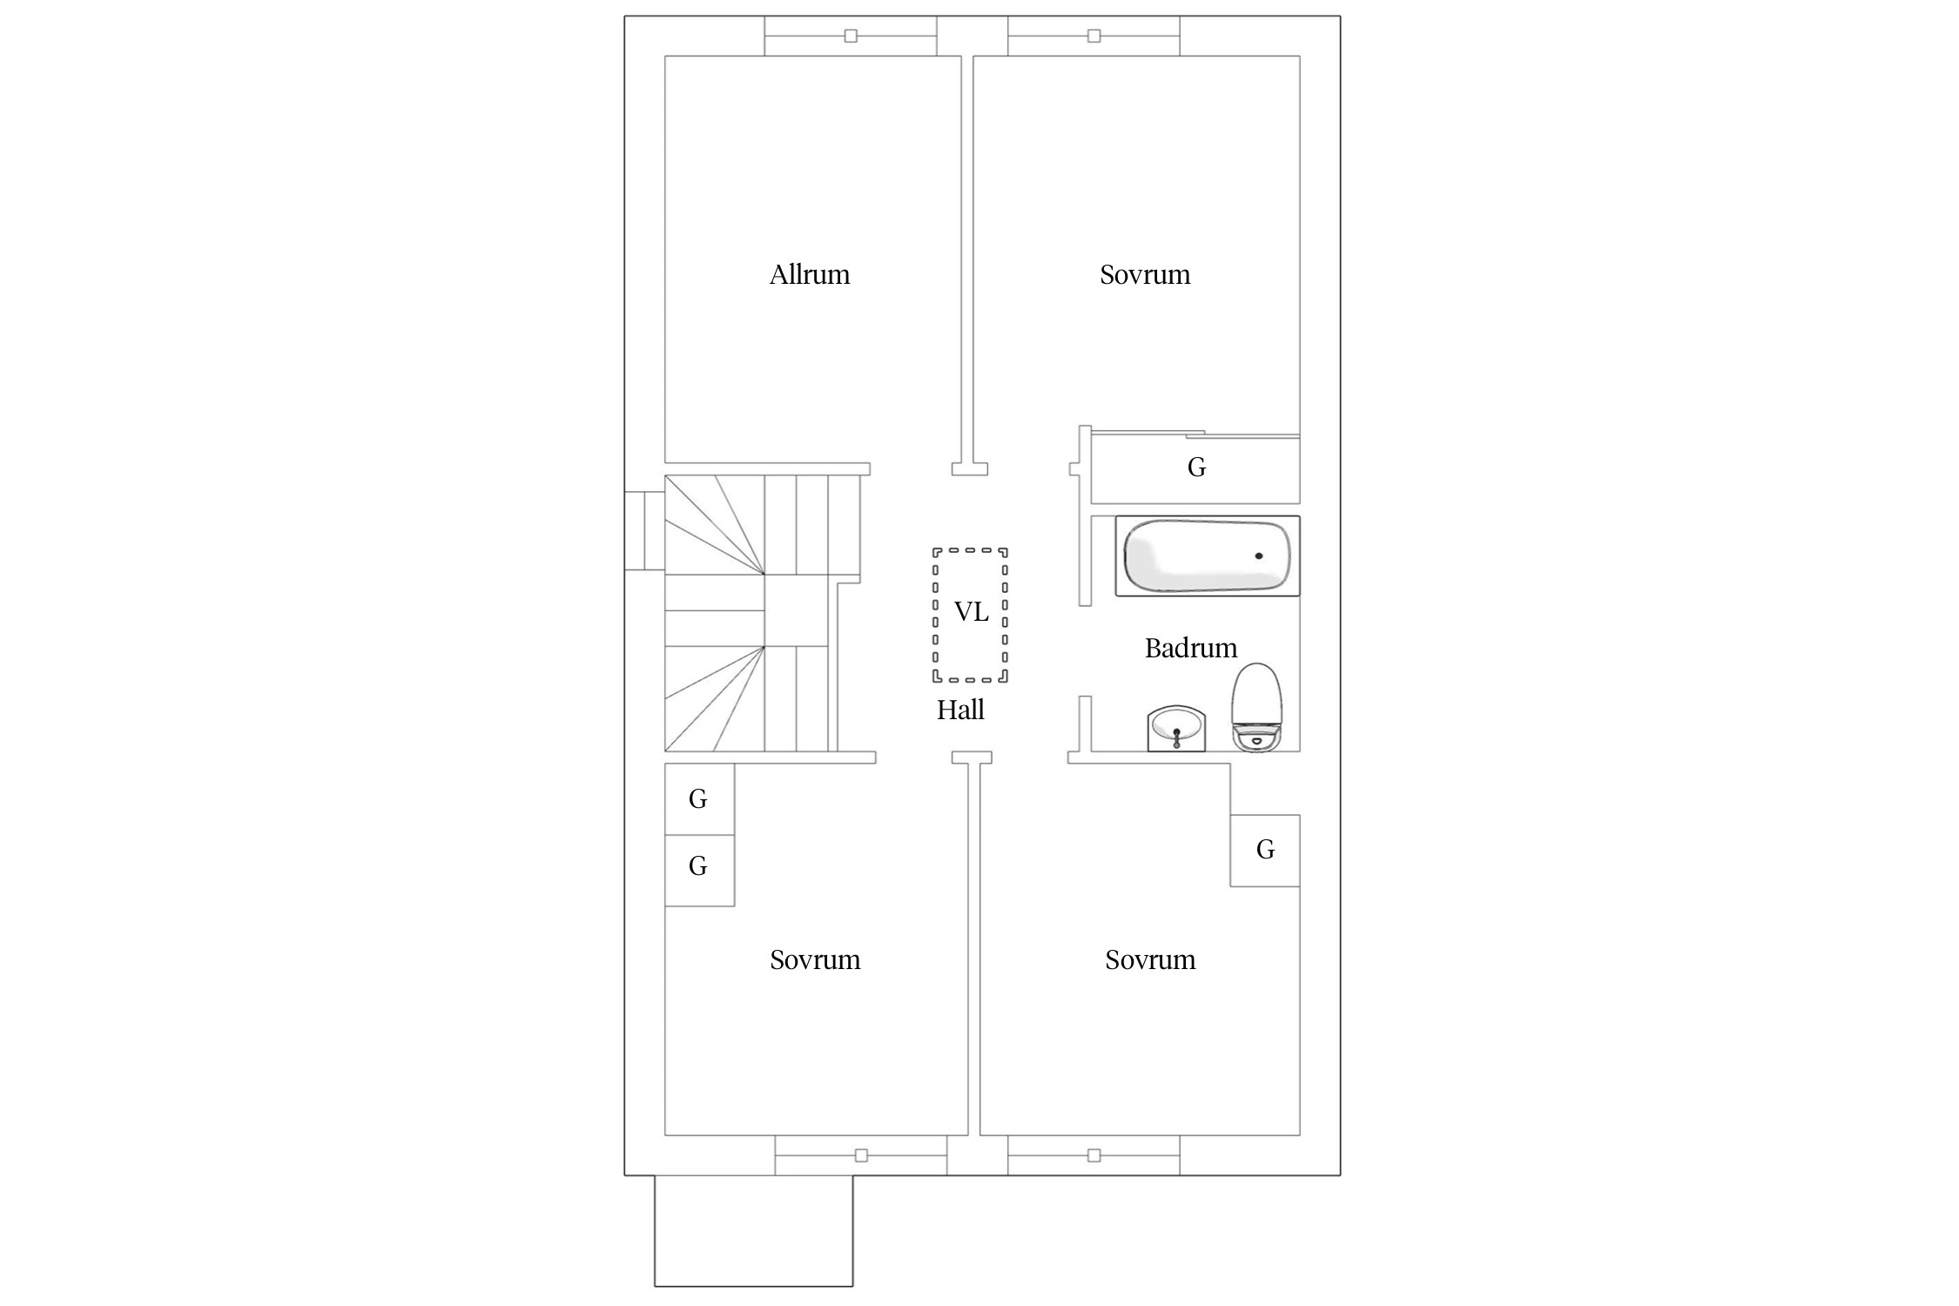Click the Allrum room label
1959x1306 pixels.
(x=810, y=274)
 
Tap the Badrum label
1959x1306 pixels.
(x=1190, y=648)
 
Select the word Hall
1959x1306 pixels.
(x=960, y=710)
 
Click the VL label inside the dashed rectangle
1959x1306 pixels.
(x=972, y=612)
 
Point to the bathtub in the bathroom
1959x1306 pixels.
(x=1208, y=555)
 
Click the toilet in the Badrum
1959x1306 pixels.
(x=1256, y=706)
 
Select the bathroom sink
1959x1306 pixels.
(x=1176, y=728)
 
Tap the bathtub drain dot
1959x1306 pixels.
(x=1259, y=555)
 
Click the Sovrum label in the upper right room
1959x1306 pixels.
(x=1145, y=274)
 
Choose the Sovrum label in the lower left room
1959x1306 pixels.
(x=815, y=959)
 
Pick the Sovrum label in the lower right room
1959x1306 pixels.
(x=1150, y=959)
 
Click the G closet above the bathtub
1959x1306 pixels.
(x=1195, y=468)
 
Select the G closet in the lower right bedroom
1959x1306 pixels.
(x=1265, y=851)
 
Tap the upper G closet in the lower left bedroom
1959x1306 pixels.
(x=699, y=799)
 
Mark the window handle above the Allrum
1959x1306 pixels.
(x=851, y=36)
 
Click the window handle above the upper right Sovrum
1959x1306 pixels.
(x=1094, y=36)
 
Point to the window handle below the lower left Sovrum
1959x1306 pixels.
(x=861, y=1155)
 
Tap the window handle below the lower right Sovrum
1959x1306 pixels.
(x=1094, y=1155)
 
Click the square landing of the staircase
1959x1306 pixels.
(x=796, y=610)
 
